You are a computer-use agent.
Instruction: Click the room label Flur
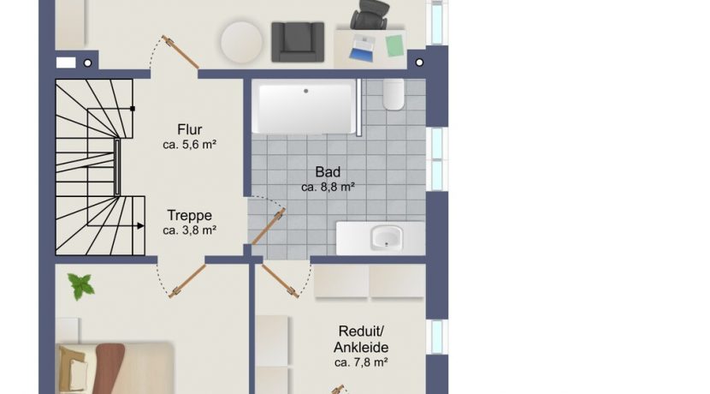[x=189, y=129]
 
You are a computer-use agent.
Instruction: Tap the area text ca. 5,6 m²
[x=189, y=145]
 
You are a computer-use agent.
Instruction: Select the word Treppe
[x=189, y=215]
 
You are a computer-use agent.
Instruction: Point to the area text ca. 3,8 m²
[x=189, y=230]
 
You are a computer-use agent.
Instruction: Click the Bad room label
[x=328, y=172]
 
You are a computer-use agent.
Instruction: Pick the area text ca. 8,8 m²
[x=328, y=187]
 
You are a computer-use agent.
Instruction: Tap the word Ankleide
[x=361, y=347]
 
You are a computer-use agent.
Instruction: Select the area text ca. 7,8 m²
[x=361, y=362]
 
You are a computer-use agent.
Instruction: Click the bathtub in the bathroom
[x=305, y=107]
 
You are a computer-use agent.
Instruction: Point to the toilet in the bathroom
[x=393, y=94]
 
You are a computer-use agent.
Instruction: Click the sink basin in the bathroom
[x=387, y=237]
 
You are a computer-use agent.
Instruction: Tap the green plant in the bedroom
[x=81, y=286]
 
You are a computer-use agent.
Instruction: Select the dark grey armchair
[x=298, y=42]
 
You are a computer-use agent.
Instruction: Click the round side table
[x=241, y=42]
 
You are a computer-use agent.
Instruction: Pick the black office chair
[x=370, y=15]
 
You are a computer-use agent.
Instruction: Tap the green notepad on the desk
[x=394, y=45]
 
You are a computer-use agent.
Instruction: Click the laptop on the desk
[x=363, y=48]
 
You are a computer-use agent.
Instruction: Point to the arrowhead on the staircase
[x=141, y=226]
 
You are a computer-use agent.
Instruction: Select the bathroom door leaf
[x=268, y=226]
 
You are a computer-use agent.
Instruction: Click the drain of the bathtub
[x=306, y=91]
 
